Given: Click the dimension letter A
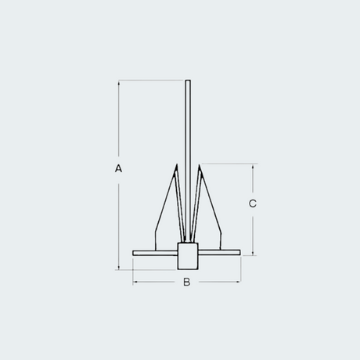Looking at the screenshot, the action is pyautogui.click(x=118, y=168).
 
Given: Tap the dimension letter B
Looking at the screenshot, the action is pyautogui.click(x=187, y=282).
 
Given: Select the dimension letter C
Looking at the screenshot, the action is pyautogui.click(x=253, y=203).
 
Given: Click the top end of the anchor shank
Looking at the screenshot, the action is pyautogui.click(x=188, y=81).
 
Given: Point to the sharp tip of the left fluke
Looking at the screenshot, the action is pyautogui.click(x=177, y=164).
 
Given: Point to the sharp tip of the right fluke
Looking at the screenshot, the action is pyautogui.click(x=199, y=164).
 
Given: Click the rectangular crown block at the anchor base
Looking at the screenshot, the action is pyautogui.click(x=188, y=256).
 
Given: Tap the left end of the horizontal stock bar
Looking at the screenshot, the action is pyautogui.click(x=133, y=253).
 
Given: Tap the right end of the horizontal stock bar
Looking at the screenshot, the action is pyautogui.click(x=239, y=252).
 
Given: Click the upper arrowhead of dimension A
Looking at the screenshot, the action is pyautogui.click(x=119, y=83).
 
